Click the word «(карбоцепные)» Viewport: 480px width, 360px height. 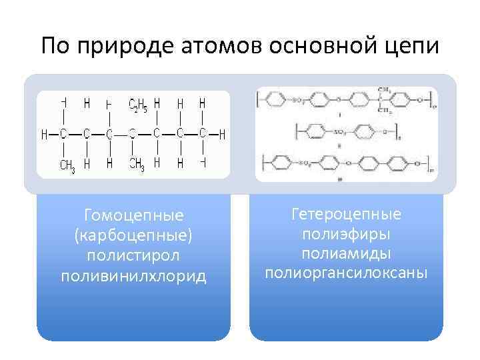[133, 235]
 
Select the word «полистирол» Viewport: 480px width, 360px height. [133, 255]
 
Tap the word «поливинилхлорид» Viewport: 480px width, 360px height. [133, 275]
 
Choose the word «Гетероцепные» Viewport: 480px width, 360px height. [346, 214]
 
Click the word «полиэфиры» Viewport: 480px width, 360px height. [346, 234]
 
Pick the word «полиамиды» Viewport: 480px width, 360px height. [346, 253]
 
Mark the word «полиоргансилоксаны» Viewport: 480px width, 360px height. [346, 273]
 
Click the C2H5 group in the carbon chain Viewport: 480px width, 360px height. [137, 105]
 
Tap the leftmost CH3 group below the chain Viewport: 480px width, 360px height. [67, 165]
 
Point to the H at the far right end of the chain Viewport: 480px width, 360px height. [222, 135]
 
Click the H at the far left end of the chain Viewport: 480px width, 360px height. [45, 135]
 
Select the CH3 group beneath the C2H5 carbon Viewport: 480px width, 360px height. [137, 165]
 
